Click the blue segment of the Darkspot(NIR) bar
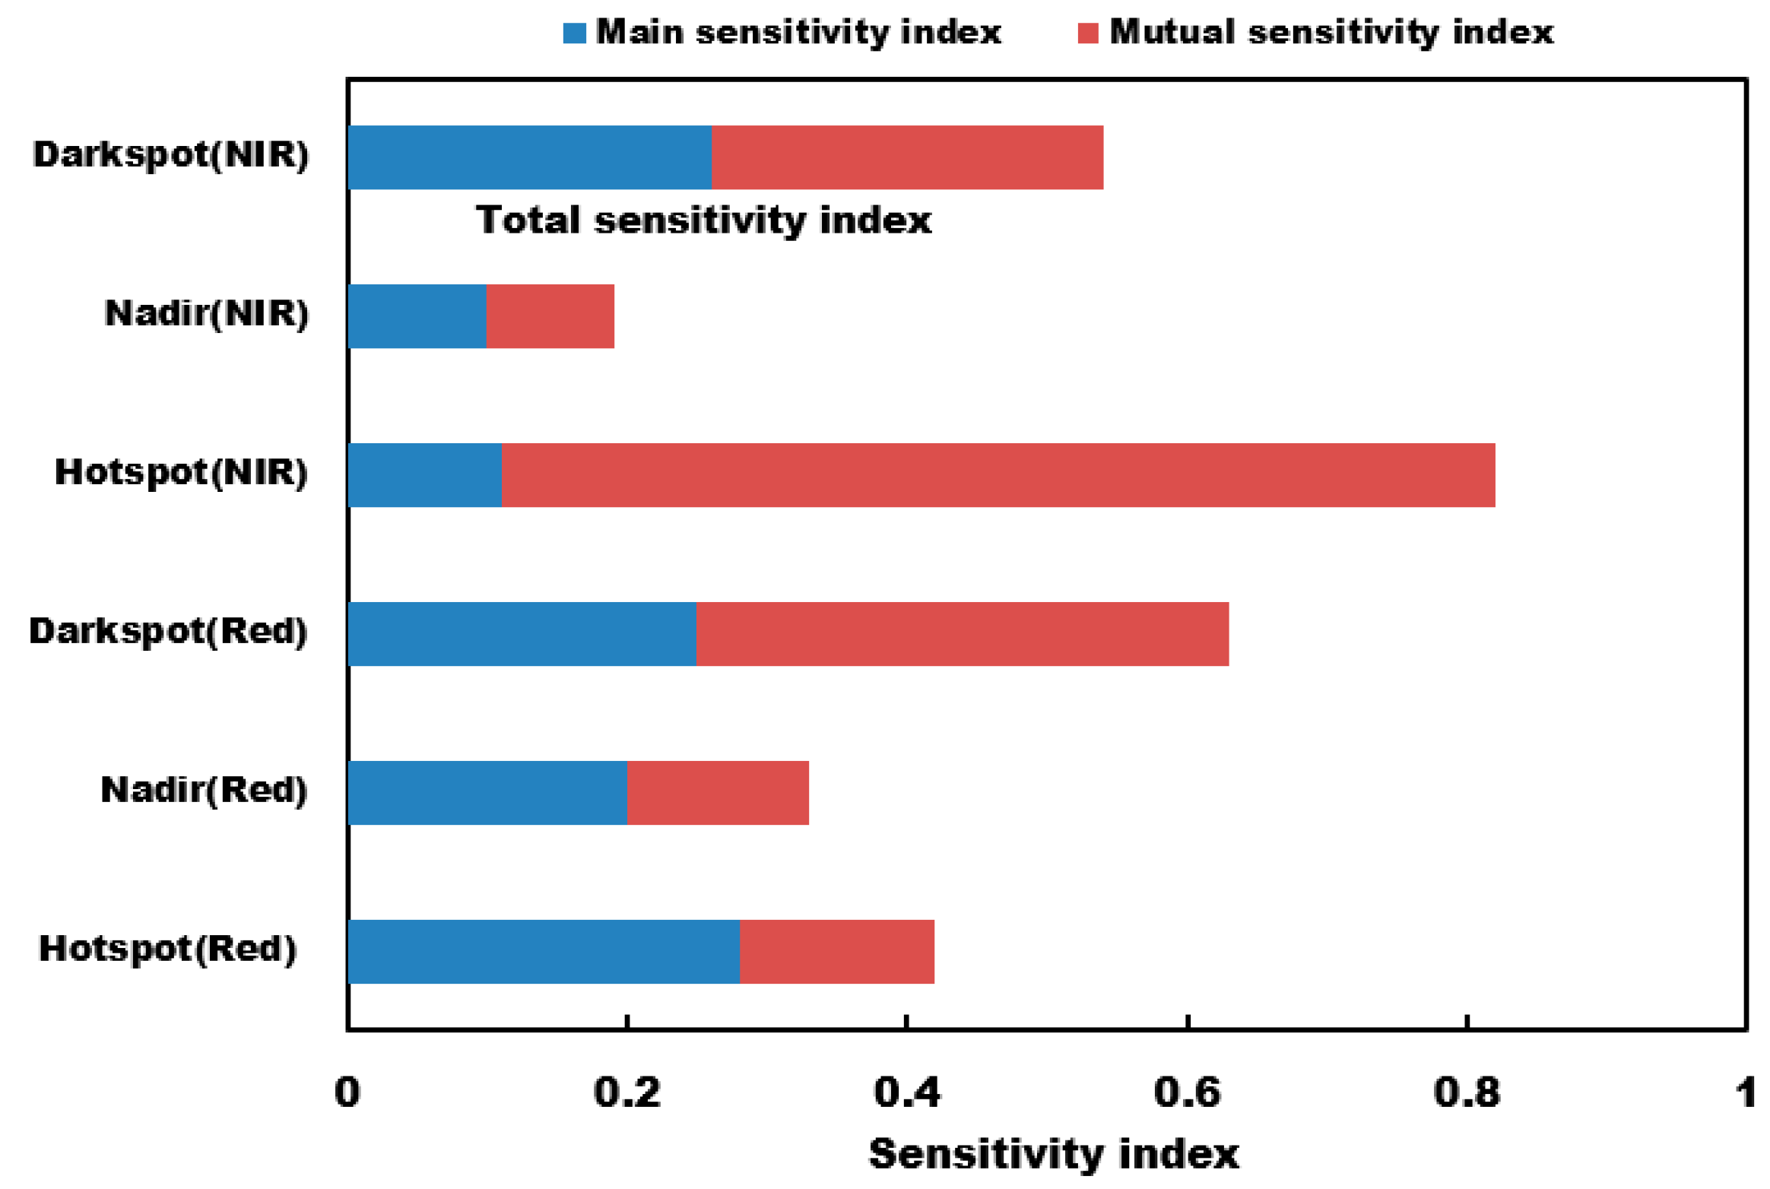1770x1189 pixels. [x=529, y=157]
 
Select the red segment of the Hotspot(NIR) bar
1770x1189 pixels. [x=998, y=475]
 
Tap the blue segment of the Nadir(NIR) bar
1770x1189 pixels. [x=417, y=316]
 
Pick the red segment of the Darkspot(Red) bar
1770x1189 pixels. [x=962, y=634]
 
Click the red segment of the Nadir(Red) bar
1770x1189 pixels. [x=718, y=793]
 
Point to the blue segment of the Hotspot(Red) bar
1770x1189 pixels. [x=544, y=952]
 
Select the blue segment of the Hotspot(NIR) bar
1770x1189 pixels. [x=424, y=475]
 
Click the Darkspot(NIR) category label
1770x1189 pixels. [x=171, y=154]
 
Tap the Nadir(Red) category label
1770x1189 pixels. [x=204, y=790]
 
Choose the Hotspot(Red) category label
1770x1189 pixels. [x=167, y=949]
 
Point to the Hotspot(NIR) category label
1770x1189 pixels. [x=181, y=472]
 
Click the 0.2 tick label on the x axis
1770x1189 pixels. [x=626, y=1093]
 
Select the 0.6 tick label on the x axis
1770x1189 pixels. [x=1186, y=1093]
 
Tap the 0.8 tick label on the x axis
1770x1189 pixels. [x=1466, y=1093]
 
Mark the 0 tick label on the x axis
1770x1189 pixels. [x=347, y=1093]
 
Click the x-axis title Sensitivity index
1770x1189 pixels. [x=1054, y=1154]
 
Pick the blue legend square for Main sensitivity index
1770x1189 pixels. [x=574, y=33]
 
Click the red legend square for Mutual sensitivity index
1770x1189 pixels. [x=1088, y=33]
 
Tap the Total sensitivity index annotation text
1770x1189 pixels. [x=703, y=220]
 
